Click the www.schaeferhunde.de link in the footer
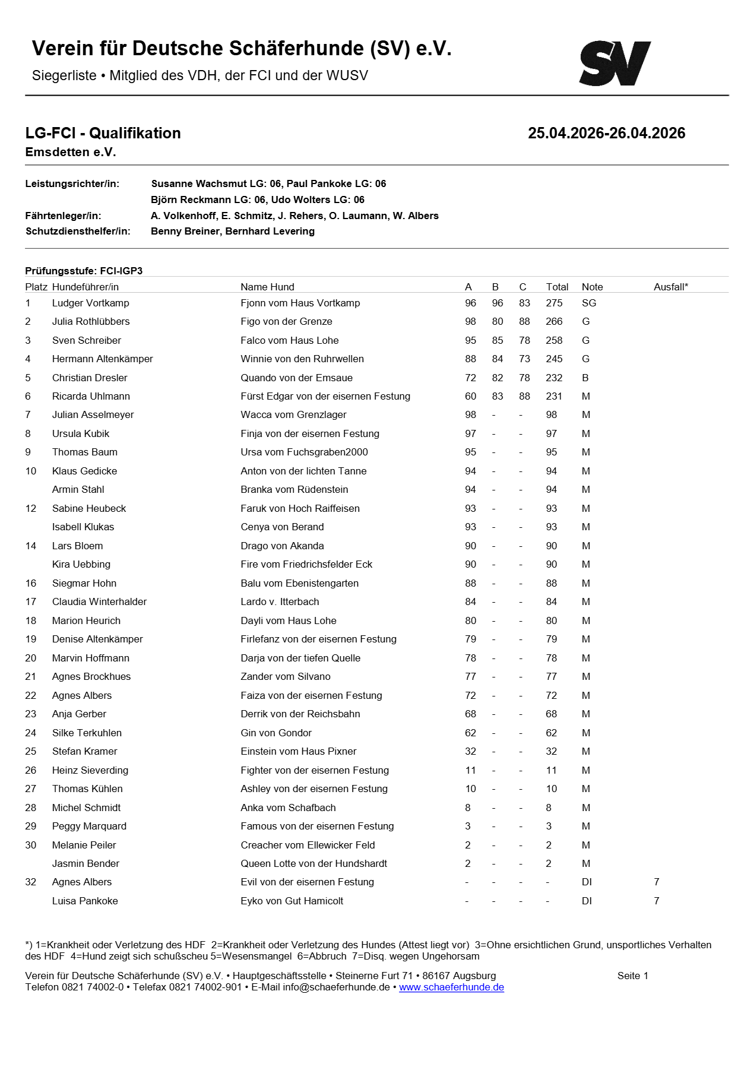[451, 987]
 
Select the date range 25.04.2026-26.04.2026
[606, 133]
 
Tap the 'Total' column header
[557, 287]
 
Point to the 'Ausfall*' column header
[670, 287]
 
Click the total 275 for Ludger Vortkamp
[554, 303]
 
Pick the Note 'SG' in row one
[588, 303]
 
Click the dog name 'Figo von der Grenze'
[286, 321]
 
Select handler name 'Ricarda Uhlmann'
[91, 396]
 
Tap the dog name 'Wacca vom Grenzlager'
[293, 414]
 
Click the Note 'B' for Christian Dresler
[585, 378]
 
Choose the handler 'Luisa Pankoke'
[85, 901]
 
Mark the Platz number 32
[31, 882]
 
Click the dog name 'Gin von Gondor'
[276, 733]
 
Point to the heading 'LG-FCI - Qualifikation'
[103, 133]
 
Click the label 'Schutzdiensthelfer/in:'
[78, 231]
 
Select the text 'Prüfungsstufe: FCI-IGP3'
[84, 271]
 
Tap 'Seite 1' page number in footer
[632, 976]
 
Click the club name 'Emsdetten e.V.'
[71, 152]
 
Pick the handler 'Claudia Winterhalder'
[99, 601]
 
